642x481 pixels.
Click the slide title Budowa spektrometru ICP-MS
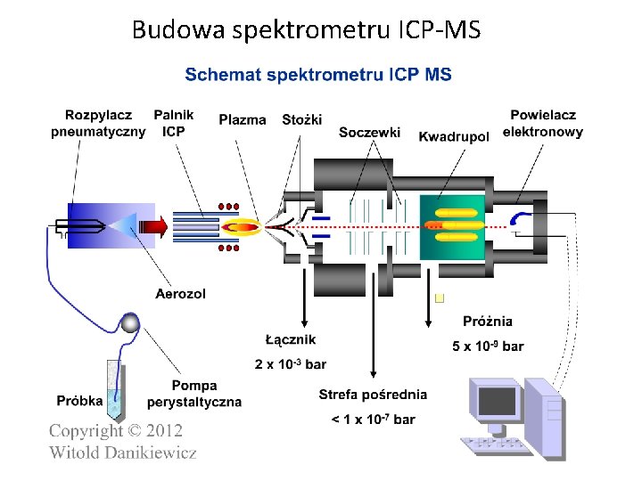pyautogui.click(x=306, y=30)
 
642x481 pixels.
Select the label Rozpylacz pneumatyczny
pyautogui.click(x=97, y=124)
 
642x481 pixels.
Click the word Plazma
pyautogui.click(x=242, y=120)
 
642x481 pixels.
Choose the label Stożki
pyautogui.click(x=301, y=120)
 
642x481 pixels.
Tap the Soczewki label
pyautogui.click(x=369, y=133)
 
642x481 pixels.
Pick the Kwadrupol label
pyautogui.click(x=454, y=136)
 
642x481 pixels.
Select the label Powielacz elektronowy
pyautogui.click(x=543, y=124)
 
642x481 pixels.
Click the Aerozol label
pyautogui.click(x=180, y=293)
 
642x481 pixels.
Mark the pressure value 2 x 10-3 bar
pyautogui.click(x=291, y=364)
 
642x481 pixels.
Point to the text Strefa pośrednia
pyautogui.click(x=373, y=395)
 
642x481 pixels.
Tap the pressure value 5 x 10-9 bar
pyautogui.click(x=488, y=346)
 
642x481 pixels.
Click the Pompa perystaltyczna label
pyautogui.click(x=194, y=394)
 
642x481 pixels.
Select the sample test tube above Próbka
pyautogui.click(x=115, y=388)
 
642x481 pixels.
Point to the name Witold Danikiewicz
pyautogui.click(x=123, y=452)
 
